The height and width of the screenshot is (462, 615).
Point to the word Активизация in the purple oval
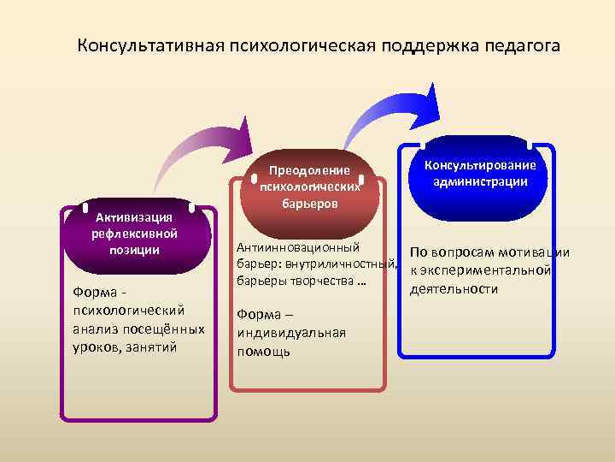pyautogui.click(x=135, y=216)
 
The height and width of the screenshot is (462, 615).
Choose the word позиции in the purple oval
pyautogui.click(x=135, y=249)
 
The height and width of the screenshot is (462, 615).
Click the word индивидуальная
pyautogui.click(x=291, y=332)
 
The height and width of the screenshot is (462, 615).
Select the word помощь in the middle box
pyautogui.click(x=264, y=351)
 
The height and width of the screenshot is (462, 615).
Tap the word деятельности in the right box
pyautogui.click(x=454, y=289)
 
